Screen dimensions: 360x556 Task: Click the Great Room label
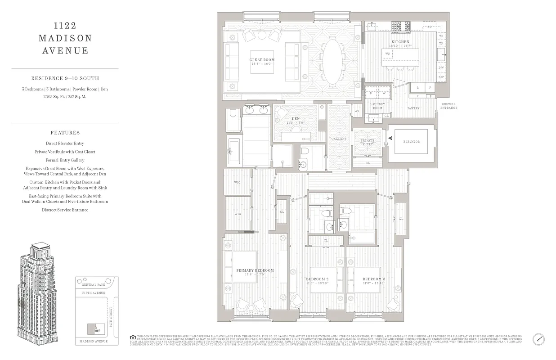coord(262,60)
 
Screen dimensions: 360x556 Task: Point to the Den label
coord(296,119)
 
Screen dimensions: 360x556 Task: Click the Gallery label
coord(339,139)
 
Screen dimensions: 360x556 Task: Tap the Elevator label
coord(411,142)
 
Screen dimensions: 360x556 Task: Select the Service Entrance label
coord(448,106)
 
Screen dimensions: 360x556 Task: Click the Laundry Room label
coord(377,106)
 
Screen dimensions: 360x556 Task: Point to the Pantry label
coord(413,108)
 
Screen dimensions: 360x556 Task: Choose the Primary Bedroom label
coord(255,270)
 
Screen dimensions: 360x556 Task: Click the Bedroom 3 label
coord(374,279)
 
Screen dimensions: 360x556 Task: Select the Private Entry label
coord(368,142)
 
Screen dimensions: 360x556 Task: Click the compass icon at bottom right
coord(538,339)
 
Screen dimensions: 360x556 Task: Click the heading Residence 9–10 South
coord(65,78)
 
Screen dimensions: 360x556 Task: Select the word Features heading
coord(65,133)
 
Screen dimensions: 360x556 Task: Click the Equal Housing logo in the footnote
coord(132,337)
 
